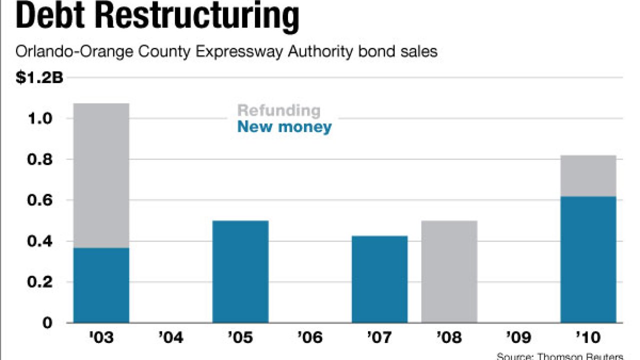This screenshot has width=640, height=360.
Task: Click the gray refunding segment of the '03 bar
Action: click(x=101, y=175)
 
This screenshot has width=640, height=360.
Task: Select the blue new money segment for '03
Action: click(x=101, y=285)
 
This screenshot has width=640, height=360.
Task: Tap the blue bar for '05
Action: click(x=240, y=271)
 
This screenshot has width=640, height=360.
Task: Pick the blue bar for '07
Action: click(x=379, y=279)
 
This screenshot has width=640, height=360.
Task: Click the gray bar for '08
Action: click(x=449, y=271)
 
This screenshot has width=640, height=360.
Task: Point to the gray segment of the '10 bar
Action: click(x=588, y=175)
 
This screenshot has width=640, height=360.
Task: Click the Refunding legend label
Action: click(x=278, y=110)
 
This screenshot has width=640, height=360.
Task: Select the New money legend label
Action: click(x=284, y=126)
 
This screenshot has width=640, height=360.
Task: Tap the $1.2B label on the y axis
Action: click(x=39, y=78)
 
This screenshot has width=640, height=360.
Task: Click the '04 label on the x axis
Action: click(x=170, y=337)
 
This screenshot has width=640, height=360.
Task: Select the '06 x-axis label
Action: click(x=310, y=337)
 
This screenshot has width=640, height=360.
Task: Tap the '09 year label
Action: click(x=518, y=337)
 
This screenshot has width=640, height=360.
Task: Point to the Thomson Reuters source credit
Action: click(x=560, y=356)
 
